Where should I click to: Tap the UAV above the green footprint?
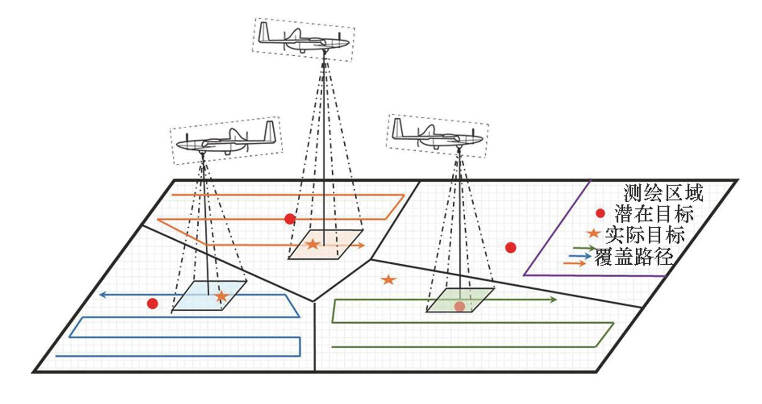[437, 135]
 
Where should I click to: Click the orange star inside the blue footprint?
[221, 296]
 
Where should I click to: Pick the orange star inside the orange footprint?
[313, 244]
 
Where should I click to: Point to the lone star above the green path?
[388, 280]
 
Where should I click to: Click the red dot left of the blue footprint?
[153, 304]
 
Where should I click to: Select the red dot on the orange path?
[290, 219]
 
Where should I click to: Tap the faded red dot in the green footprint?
[460, 306]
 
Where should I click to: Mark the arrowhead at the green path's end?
[553, 300]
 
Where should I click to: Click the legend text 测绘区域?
[663, 193]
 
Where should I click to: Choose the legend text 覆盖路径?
[634, 257]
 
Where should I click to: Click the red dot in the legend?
[600, 213]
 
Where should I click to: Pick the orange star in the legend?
[594, 233]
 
